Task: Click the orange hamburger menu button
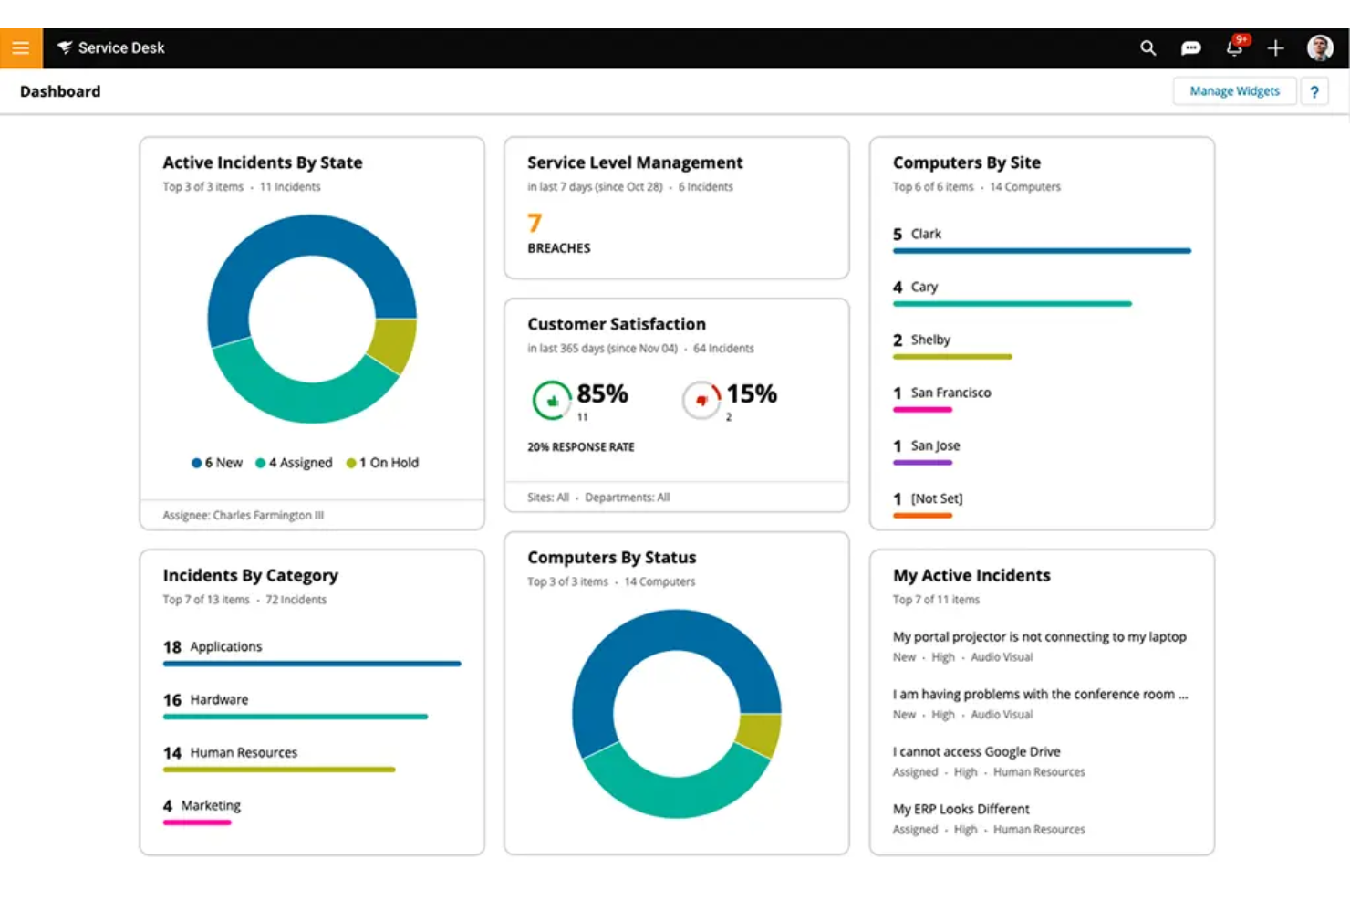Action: click(x=21, y=48)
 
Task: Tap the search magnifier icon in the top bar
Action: click(x=1147, y=48)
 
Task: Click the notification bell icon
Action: click(x=1234, y=48)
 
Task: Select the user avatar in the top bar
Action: click(x=1319, y=48)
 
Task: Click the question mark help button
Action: click(x=1314, y=91)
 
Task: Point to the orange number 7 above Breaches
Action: click(x=535, y=223)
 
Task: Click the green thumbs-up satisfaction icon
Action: click(x=552, y=400)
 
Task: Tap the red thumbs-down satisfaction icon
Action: click(x=701, y=400)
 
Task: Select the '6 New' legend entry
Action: click(x=217, y=463)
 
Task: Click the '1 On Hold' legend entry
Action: click(x=383, y=463)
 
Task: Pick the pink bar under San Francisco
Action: click(x=922, y=410)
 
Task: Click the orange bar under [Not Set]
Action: click(x=922, y=516)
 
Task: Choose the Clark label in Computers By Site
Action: click(x=926, y=234)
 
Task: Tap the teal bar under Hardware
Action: click(x=295, y=717)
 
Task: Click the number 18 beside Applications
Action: click(x=172, y=647)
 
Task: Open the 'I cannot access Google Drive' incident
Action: click(x=976, y=751)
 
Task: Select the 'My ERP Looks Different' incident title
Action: click(x=961, y=809)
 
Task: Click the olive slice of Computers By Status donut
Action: click(x=759, y=735)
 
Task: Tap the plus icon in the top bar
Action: click(x=1275, y=48)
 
